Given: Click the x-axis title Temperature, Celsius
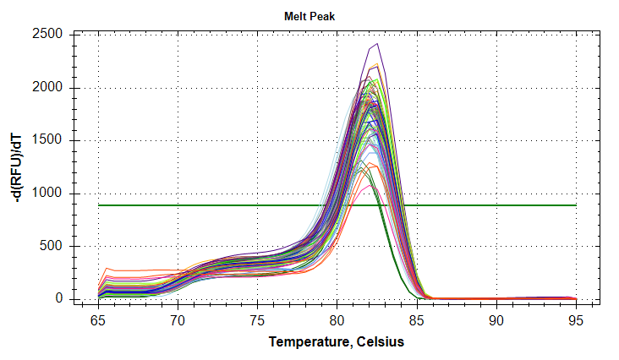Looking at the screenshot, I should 337,342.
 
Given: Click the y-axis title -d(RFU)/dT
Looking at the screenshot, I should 15,166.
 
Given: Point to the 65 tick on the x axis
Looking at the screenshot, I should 98,320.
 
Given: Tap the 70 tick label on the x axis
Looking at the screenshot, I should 178,320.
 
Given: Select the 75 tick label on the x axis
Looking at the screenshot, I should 257,320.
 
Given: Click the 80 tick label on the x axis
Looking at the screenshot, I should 337,320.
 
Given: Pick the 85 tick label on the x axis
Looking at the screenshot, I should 416,320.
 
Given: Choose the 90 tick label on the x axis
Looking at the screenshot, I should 496,320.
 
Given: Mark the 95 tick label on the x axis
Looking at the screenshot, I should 575,320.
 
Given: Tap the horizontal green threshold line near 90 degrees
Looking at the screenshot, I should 496,205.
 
